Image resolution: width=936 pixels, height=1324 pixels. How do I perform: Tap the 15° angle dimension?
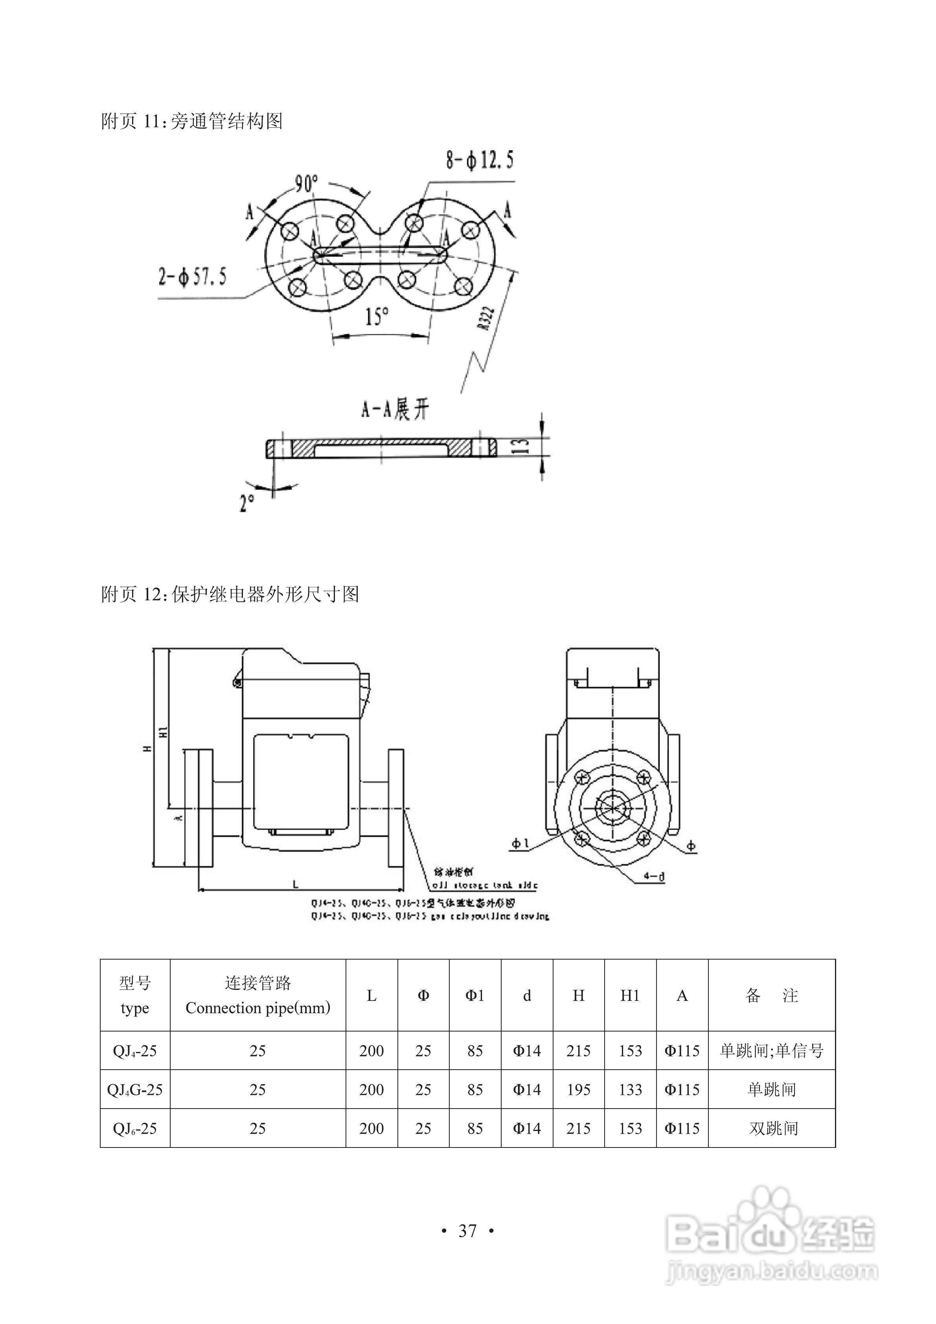coord(377,316)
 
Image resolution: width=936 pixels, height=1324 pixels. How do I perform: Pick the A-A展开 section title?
coord(395,410)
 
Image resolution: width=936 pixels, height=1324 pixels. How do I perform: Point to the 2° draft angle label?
coord(247,502)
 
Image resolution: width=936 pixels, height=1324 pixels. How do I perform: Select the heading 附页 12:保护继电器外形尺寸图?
coord(230,594)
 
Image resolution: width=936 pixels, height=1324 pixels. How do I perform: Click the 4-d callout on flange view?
coord(654,877)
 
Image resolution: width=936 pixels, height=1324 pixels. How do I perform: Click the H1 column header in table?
coord(630,995)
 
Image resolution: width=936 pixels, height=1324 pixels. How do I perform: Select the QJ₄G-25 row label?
coord(135,1089)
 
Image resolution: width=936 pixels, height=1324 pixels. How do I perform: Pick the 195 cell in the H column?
coord(578,1089)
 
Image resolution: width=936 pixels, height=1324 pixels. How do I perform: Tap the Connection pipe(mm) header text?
coord(258,1008)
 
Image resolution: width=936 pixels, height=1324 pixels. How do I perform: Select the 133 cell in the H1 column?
coord(630,1089)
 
